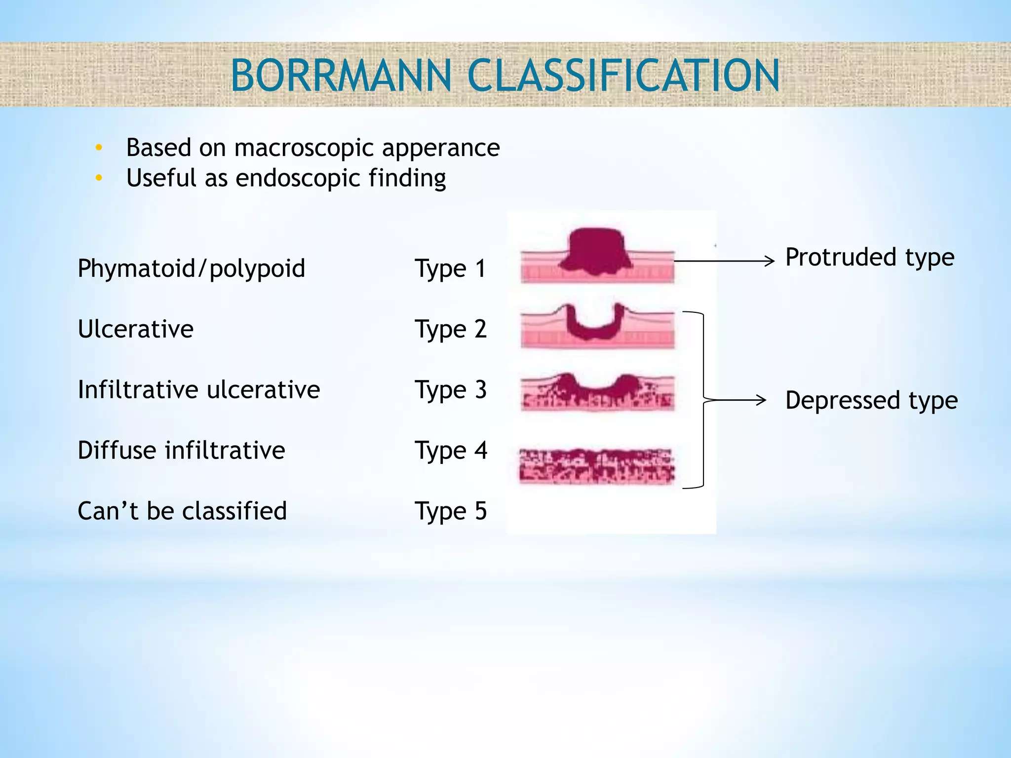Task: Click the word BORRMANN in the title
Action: point(341,76)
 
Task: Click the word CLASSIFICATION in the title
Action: point(623,76)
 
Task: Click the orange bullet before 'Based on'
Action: point(99,148)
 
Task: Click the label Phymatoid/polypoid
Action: point(192,268)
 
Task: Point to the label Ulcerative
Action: point(136,329)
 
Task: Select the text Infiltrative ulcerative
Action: point(199,390)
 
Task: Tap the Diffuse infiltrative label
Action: point(181,451)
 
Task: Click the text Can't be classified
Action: point(182,511)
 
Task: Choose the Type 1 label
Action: point(451,269)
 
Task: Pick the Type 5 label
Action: point(451,511)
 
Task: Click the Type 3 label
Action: point(451,390)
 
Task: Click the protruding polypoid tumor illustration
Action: point(596,252)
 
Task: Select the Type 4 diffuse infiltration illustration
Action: point(596,466)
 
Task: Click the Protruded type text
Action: point(870,258)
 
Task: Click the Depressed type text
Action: point(871,400)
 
